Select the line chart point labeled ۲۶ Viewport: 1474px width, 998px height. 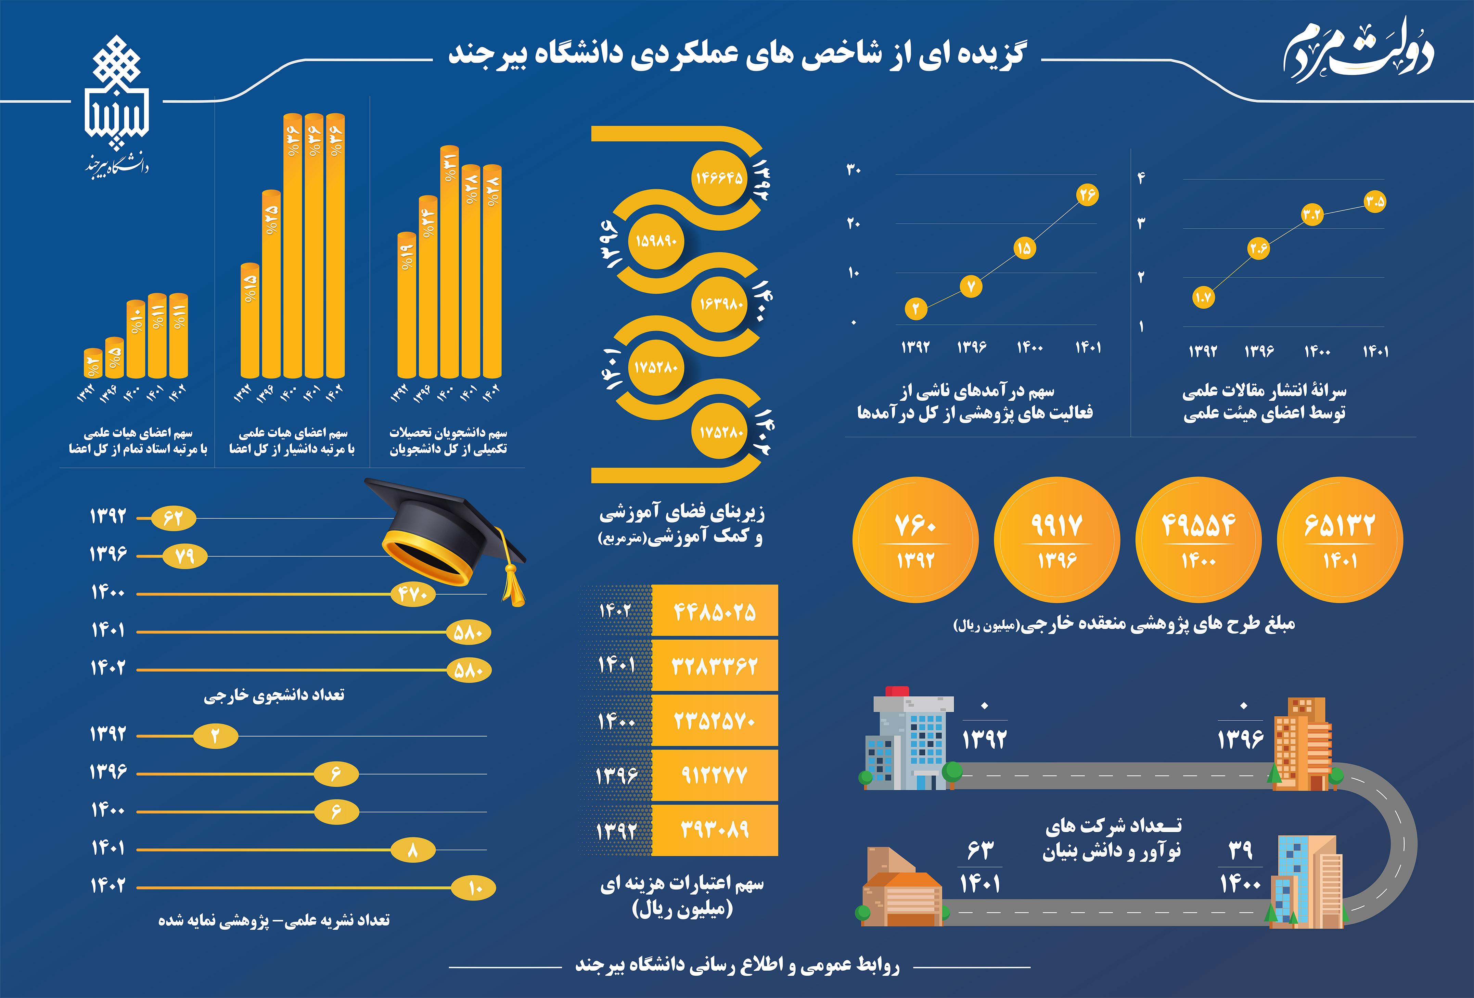point(1087,195)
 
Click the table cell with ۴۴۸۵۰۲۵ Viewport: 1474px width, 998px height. point(715,611)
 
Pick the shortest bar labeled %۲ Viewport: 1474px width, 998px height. point(93,363)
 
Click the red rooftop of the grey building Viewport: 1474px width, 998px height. point(897,691)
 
